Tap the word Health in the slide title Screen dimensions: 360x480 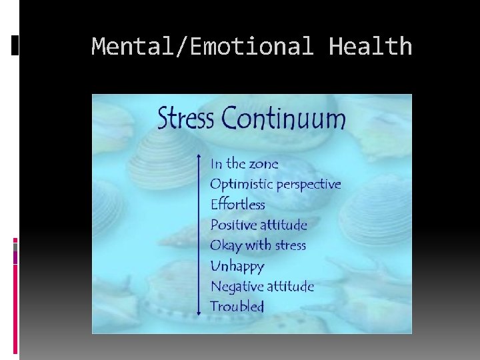pyautogui.click(x=371, y=47)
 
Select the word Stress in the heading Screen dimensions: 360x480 pyautogui.click(x=186, y=119)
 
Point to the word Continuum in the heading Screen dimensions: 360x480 pyautogui.click(x=284, y=119)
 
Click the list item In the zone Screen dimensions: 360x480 pyautogui.click(x=244, y=164)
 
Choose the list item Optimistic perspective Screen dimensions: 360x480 pyautogui.click(x=275, y=185)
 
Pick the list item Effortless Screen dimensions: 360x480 pyautogui.click(x=237, y=205)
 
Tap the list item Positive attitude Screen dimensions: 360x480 pyautogui.click(x=259, y=225)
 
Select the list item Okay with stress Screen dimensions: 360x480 pyautogui.click(x=258, y=245)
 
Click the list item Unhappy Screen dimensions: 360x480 pyautogui.click(x=237, y=267)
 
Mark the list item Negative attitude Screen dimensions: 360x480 pyautogui.click(x=262, y=287)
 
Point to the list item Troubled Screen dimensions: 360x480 pyautogui.click(x=237, y=307)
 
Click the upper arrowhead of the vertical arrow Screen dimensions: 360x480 pyautogui.click(x=199, y=158)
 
